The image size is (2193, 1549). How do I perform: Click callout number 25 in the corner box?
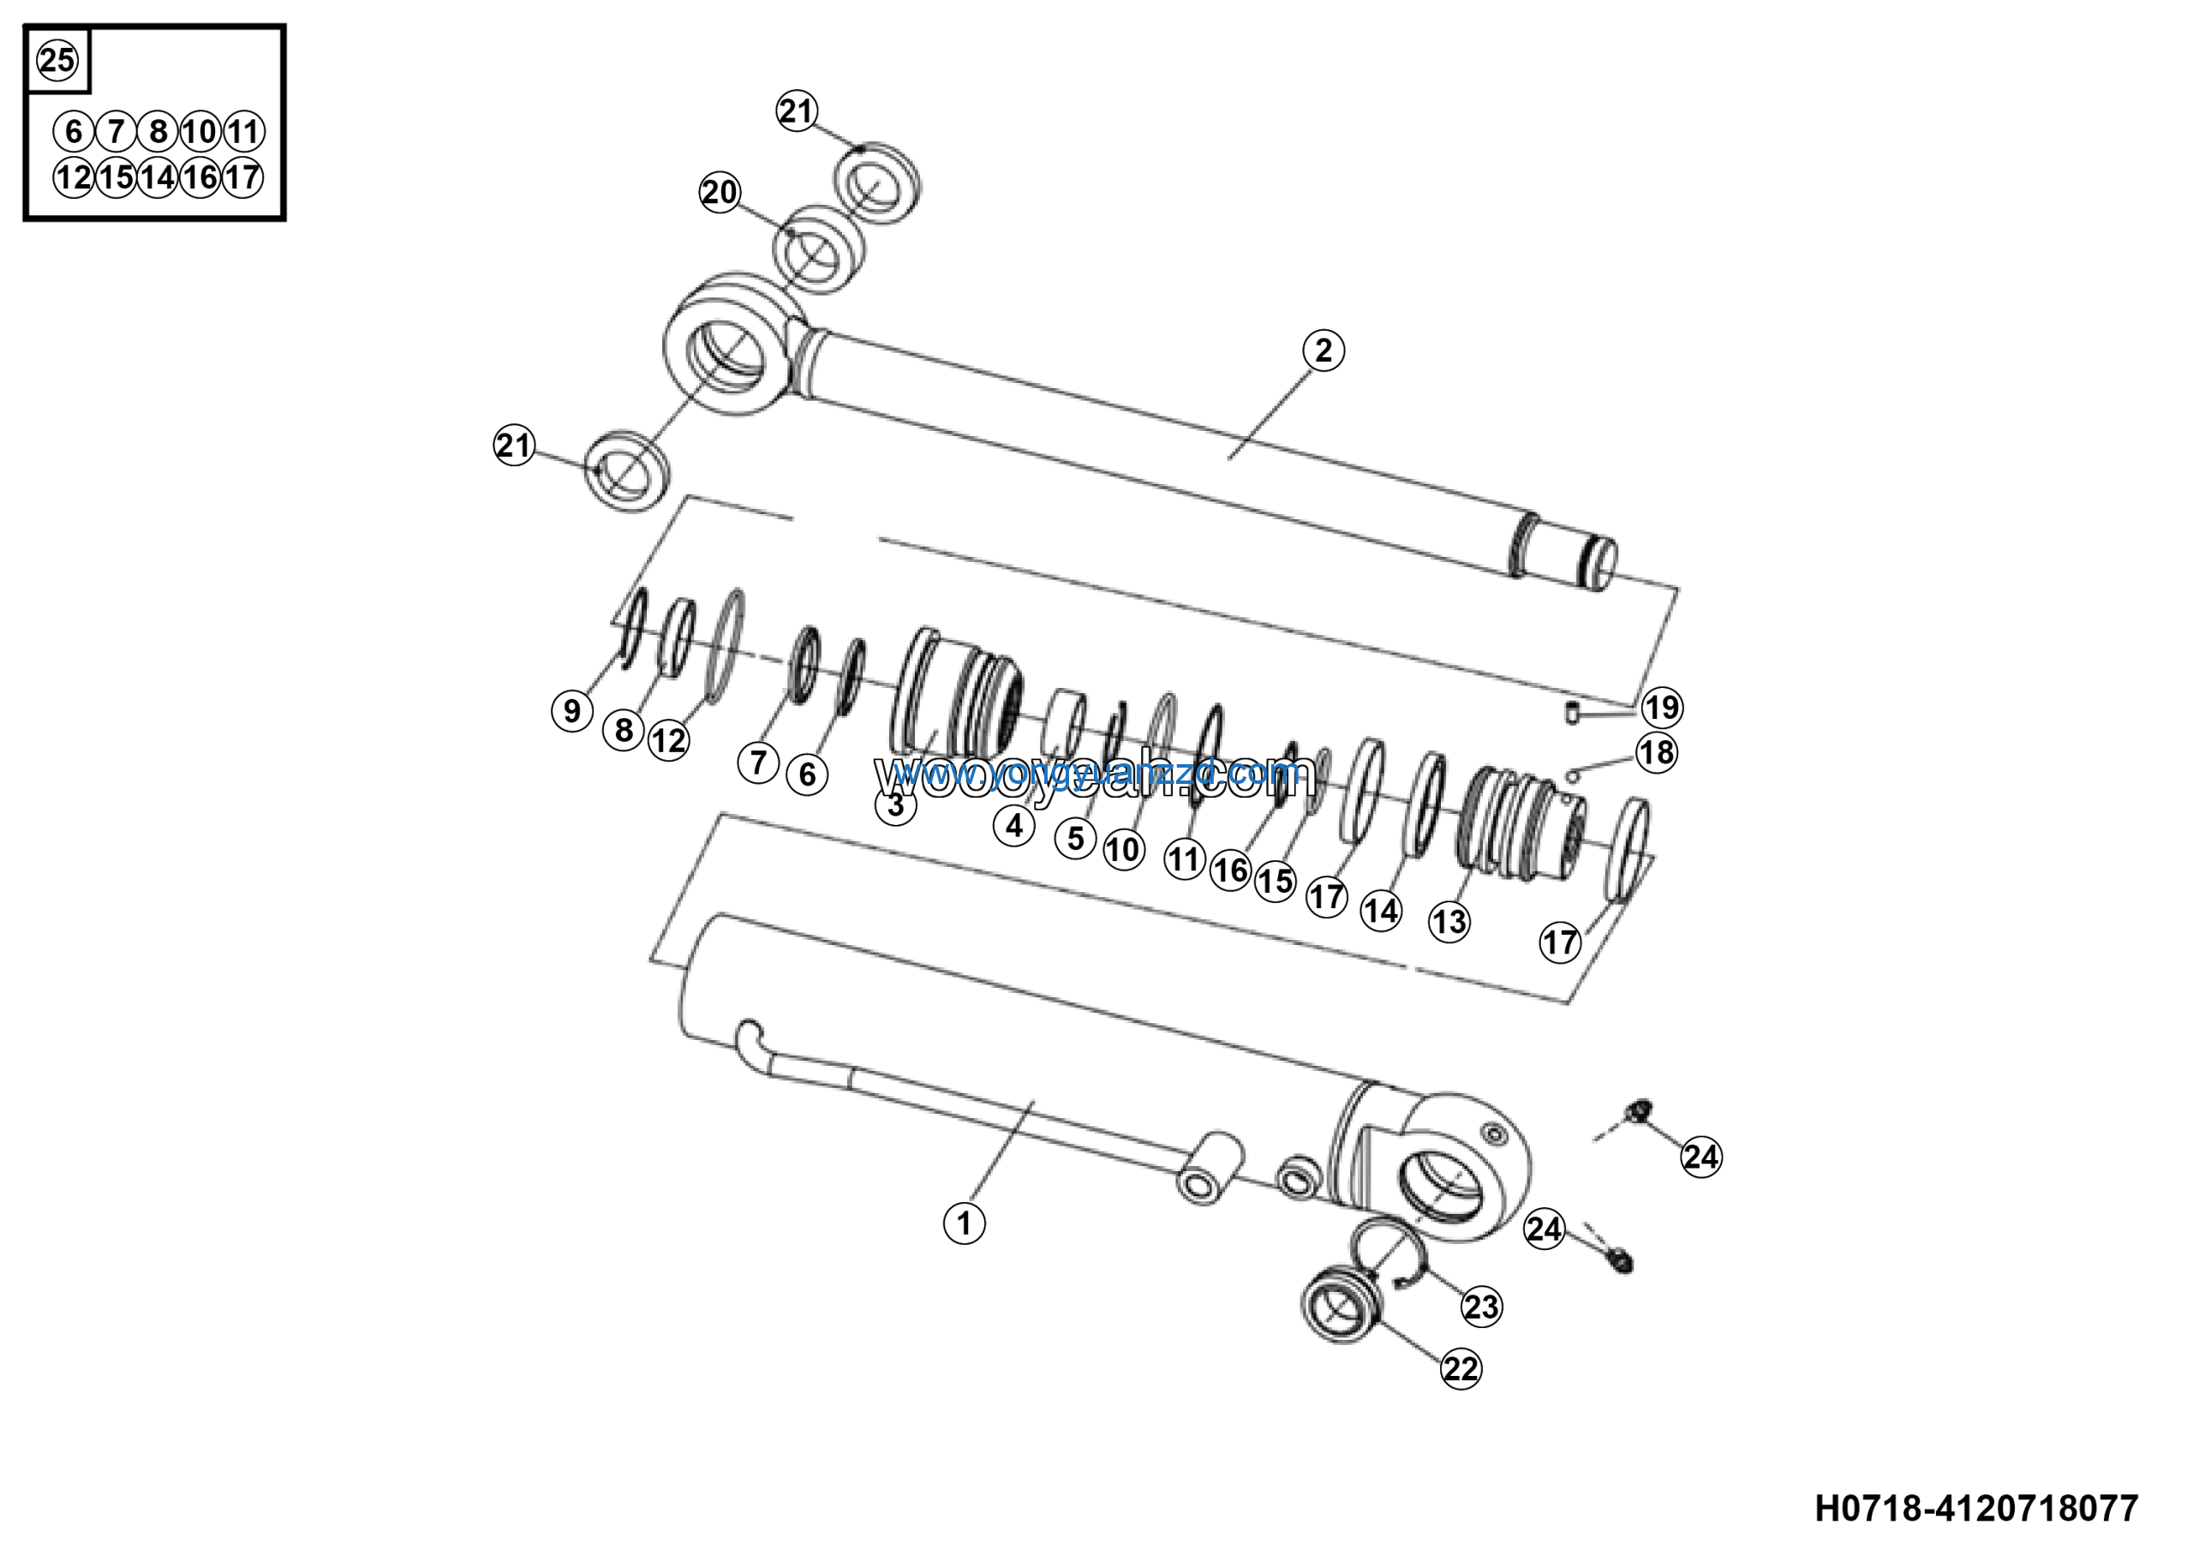(x=57, y=60)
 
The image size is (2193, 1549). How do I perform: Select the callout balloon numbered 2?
(x=1323, y=350)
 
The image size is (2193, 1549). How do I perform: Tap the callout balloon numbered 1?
(x=964, y=1223)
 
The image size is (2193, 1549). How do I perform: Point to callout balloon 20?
(x=720, y=192)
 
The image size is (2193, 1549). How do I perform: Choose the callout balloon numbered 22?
(x=1461, y=1368)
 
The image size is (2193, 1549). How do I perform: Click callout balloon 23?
(x=1481, y=1306)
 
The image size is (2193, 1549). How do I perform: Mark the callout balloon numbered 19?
(x=1662, y=707)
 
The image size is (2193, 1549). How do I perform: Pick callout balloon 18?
(x=1656, y=752)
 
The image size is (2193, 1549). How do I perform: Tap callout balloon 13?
(x=1449, y=922)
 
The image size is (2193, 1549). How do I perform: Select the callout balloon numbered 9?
(x=572, y=710)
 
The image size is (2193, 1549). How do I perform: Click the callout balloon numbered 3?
(x=895, y=805)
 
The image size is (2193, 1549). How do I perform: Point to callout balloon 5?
(x=1075, y=838)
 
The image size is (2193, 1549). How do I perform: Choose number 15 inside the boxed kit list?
(x=116, y=176)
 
